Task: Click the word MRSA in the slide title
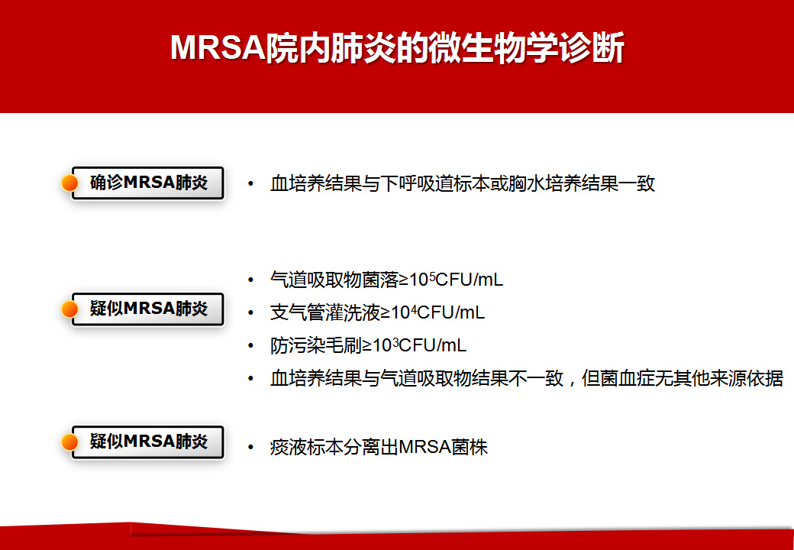pos(218,49)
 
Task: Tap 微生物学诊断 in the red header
pos(525,49)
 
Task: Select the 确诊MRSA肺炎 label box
pos(148,183)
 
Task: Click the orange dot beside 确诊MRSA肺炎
pos(69,183)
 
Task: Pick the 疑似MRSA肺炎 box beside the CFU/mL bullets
pos(148,309)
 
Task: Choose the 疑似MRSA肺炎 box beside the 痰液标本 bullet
pos(148,442)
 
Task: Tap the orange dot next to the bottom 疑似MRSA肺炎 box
pos(69,442)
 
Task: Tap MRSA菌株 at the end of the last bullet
pos(444,448)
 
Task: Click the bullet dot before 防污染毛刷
pos(250,346)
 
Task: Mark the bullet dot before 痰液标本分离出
pos(250,448)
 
